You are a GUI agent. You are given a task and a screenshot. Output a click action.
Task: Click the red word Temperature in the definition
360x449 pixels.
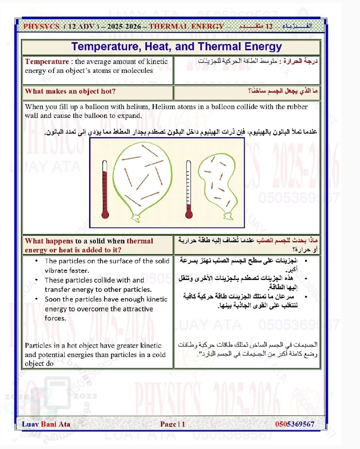tap(47, 62)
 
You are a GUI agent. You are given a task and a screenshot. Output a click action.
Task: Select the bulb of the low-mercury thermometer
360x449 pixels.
tap(189, 213)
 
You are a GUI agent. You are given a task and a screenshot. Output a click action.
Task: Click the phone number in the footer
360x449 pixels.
tap(295, 424)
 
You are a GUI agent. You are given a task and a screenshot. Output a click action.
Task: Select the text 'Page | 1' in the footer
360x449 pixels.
tap(173, 424)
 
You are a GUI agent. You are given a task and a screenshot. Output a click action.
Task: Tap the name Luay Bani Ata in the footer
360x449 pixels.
tap(46, 424)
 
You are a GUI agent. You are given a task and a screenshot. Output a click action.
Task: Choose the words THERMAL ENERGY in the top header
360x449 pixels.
tap(186, 27)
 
